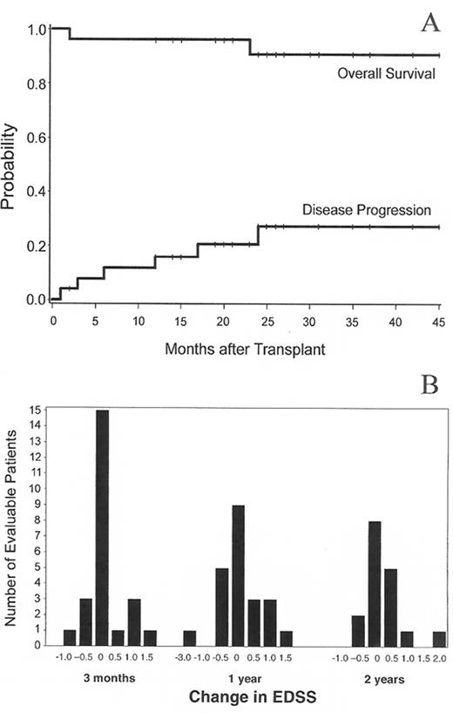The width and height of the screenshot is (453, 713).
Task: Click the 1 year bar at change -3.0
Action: [189, 638]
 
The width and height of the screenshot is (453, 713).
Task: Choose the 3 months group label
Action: [102, 678]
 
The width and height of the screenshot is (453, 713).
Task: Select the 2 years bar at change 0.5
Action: [392, 606]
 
